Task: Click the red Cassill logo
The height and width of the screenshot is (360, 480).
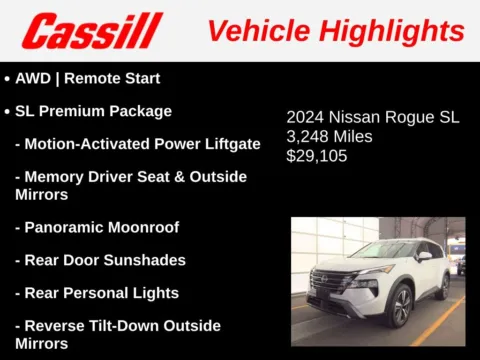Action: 92,31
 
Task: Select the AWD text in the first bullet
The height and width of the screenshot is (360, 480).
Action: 33,78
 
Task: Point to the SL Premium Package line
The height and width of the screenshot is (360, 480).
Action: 94,111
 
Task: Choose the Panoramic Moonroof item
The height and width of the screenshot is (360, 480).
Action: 103,228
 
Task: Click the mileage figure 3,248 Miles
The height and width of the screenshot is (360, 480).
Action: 329,136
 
